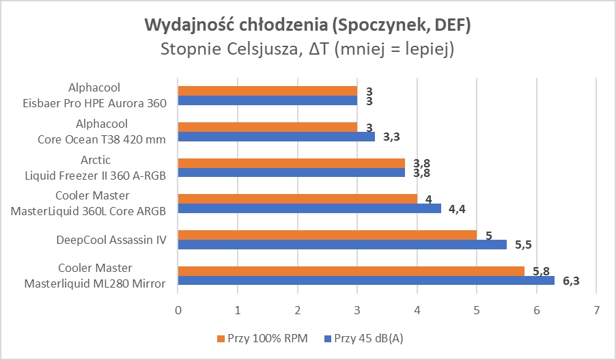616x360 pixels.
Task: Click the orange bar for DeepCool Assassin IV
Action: coord(327,235)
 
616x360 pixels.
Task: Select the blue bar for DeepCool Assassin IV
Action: coord(341,244)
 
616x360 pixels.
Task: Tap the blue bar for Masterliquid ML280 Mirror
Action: coord(365,280)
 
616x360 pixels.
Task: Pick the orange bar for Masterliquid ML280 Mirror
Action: coord(350,271)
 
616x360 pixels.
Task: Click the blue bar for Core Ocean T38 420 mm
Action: coord(276,137)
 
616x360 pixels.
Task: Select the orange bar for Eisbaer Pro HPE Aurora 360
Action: coord(267,91)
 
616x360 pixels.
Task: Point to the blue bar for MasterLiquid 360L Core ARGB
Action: coord(309,208)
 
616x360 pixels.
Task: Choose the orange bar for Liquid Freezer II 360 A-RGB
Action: coord(291,163)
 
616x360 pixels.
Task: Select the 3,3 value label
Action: coord(391,137)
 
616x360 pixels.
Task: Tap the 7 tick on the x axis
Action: coord(596,310)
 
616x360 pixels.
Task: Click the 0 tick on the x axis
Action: coord(178,310)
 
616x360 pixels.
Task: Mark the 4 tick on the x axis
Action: coord(417,310)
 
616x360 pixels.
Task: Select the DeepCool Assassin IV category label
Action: coord(111,240)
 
